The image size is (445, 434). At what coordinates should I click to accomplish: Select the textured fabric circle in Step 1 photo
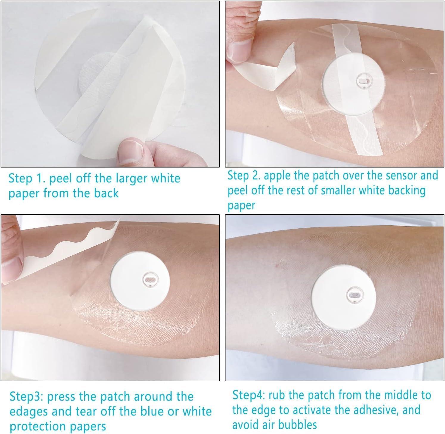[x=95, y=72]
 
